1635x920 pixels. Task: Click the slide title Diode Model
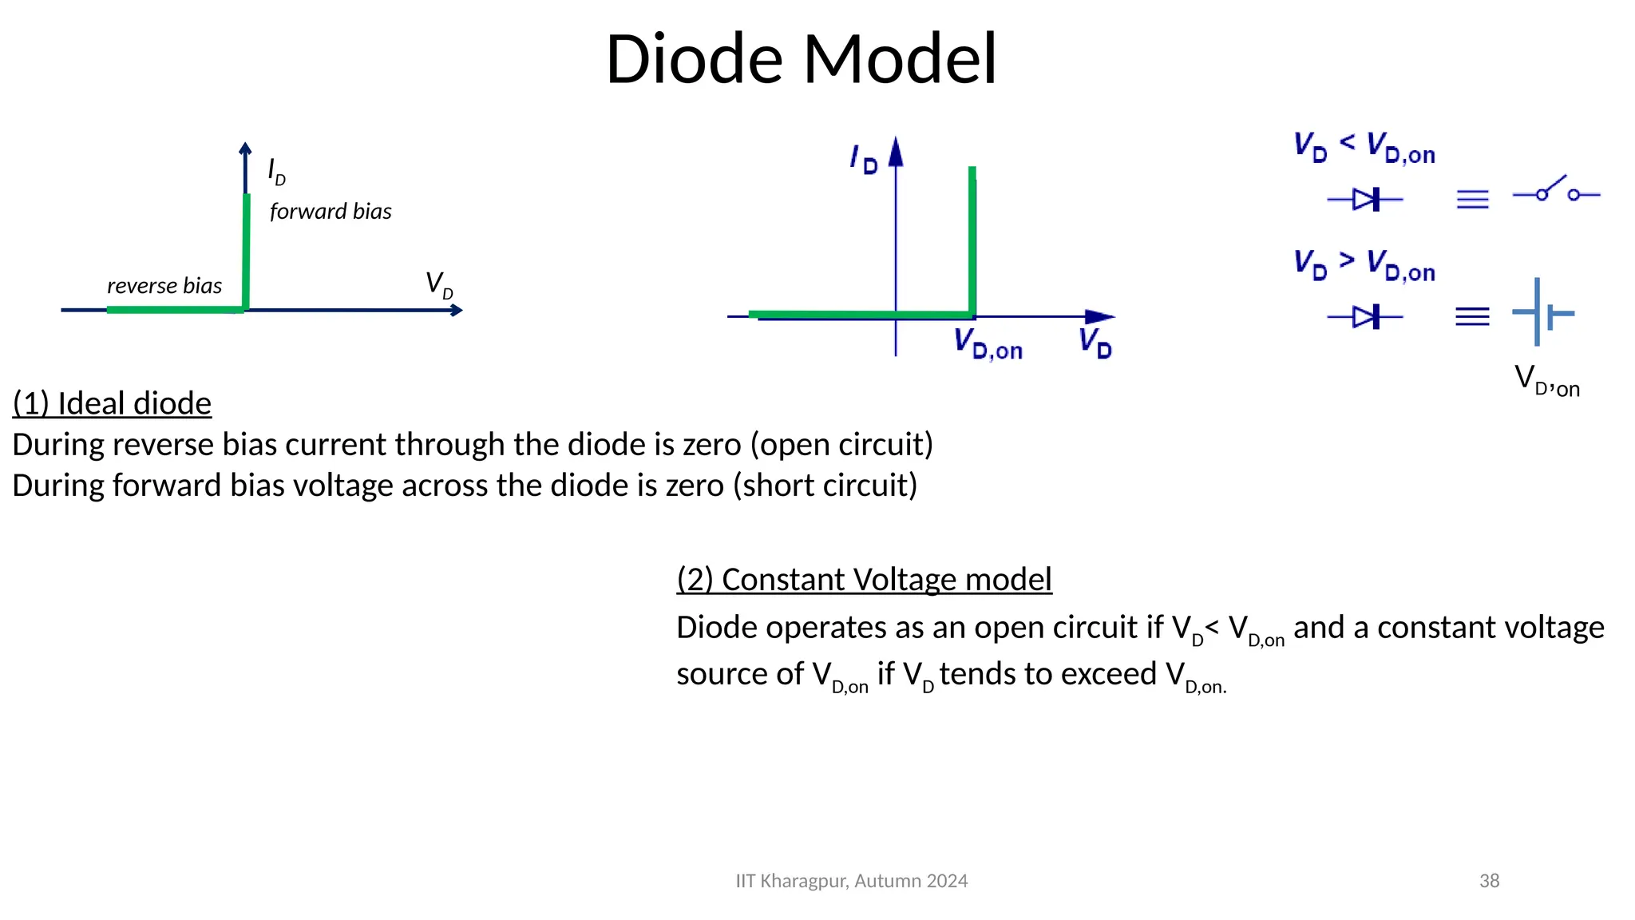tap(801, 59)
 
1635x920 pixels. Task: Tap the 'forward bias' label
tap(331, 212)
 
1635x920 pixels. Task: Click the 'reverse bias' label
tap(164, 286)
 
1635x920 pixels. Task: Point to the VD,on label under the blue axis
tap(988, 344)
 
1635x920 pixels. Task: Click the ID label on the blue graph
tap(864, 159)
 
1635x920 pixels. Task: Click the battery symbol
tap(1542, 313)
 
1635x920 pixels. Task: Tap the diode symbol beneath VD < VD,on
tap(1366, 199)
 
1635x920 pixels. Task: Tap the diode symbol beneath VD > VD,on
tap(1366, 317)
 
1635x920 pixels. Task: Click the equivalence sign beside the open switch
tap(1472, 199)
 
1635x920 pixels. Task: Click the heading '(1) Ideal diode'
tap(112, 403)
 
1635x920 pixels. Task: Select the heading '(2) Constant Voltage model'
tap(864, 579)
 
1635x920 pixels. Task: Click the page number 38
tap(1489, 881)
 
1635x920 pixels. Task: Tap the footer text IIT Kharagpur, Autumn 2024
tap(851, 881)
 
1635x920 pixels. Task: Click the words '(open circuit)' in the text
tap(841, 445)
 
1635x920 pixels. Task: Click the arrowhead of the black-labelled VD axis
tap(457, 310)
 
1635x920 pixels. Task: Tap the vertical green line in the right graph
tap(972, 240)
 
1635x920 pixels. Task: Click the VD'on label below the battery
tap(1546, 381)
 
